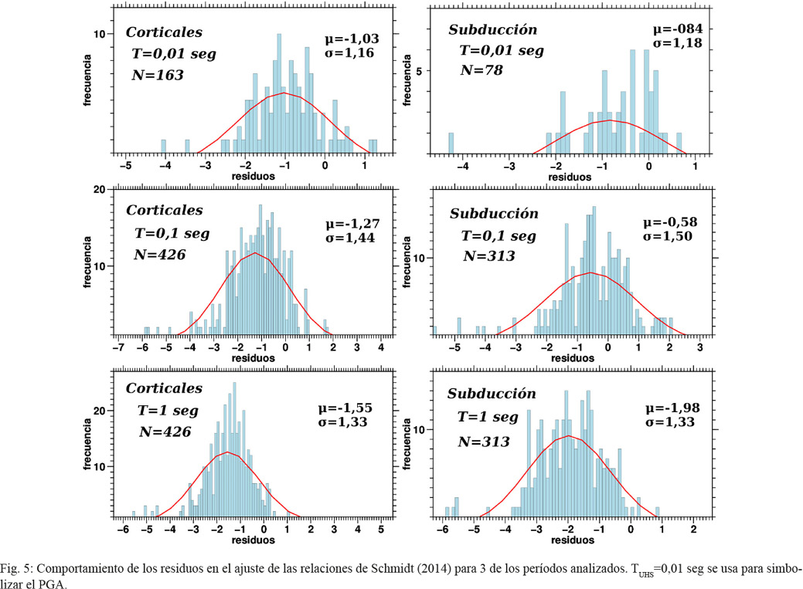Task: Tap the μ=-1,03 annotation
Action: (352, 38)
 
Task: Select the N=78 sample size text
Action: (483, 69)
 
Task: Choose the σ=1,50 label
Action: (677, 235)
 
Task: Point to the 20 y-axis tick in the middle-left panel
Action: (99, 189)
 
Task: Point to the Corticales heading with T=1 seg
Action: (164, 388)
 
